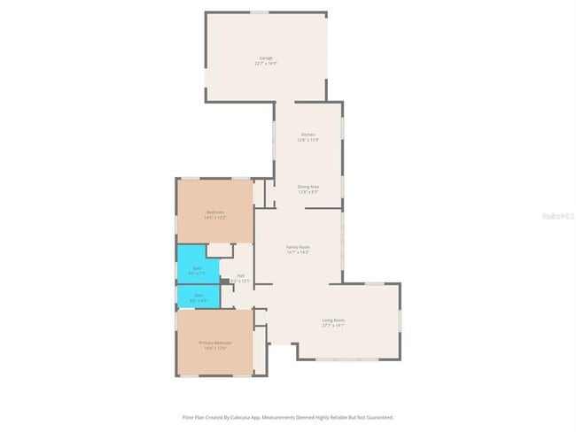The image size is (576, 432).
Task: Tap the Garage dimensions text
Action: [x=266, y=64]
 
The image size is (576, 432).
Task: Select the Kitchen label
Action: [x=308, y=135]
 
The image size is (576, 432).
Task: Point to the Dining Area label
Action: [x=308, y=187]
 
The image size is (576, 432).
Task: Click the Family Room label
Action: [x=298, y=247]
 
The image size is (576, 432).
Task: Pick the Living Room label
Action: [x=334, y=320]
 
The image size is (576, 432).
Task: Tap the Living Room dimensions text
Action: [x=334, y=325]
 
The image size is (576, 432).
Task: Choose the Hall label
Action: [x=240, y=275]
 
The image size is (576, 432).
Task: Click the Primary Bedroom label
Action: [x=215, y=343]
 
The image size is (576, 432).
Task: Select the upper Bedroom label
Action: [x=215, y=212]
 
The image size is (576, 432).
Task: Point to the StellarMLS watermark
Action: [x=557, y=215]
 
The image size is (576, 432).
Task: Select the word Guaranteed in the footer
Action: [x=378, y=417]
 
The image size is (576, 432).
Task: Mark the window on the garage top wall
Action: [x=259, y=12]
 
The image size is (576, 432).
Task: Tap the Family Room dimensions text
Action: [x=298, y=252]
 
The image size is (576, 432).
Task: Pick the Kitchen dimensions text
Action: [x=308, y=140]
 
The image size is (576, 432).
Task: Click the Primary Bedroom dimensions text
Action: [x=215, y=348]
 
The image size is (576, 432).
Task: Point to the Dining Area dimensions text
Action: [x=308, y=192]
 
